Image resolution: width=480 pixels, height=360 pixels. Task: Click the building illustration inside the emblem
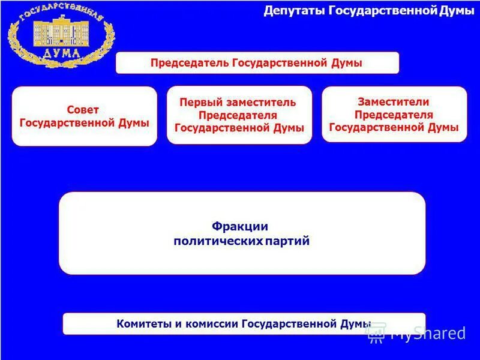click(60, 33)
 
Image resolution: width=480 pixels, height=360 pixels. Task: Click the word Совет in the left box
click(83, 110)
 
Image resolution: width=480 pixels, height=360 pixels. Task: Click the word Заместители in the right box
click(394, 102)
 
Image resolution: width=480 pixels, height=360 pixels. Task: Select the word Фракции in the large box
click(239, 226)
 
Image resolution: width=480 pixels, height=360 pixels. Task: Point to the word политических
click(218, 241)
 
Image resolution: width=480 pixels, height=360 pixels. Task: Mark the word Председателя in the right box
click(394, 115)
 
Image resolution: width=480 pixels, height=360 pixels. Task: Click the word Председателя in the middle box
click(238, 115)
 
